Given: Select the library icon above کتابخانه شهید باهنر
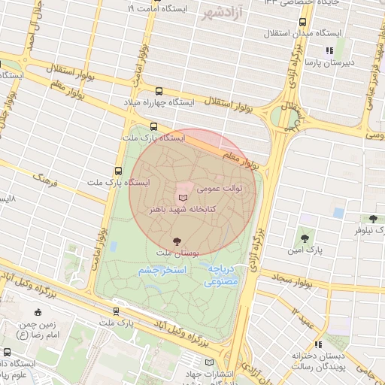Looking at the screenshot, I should coord(183,195).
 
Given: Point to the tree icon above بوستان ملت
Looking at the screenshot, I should coord(177,241).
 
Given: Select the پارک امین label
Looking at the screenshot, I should coord(305,247).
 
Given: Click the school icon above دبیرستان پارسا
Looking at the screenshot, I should coord(329,51).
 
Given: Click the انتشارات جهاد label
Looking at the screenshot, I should coord(205,374).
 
